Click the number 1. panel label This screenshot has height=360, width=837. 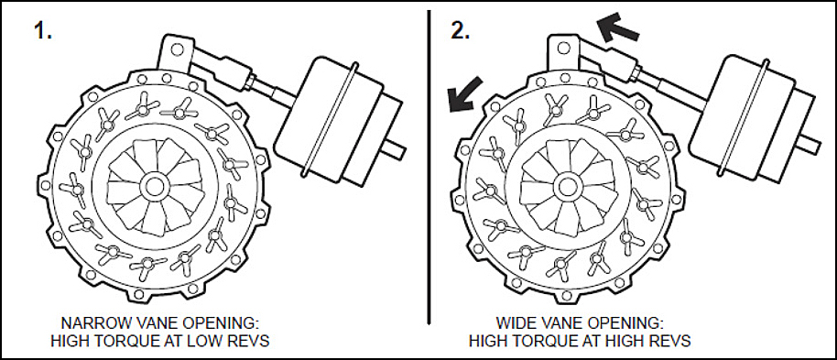(x=43, y=30)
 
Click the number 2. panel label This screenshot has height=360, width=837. (x=460, y=30)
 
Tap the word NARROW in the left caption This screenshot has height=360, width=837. (x=92, y=323)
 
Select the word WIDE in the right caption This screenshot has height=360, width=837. (x=515, y=323)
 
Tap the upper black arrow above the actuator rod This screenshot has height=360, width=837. (x=617, y=28)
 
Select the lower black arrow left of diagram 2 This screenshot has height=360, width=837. (x=465, y=94)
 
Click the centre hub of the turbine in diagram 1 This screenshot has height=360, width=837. (x=154, y=186)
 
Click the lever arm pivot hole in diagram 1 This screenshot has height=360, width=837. (x=177, y=50)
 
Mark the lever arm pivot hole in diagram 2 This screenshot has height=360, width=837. (x=562, y=48)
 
